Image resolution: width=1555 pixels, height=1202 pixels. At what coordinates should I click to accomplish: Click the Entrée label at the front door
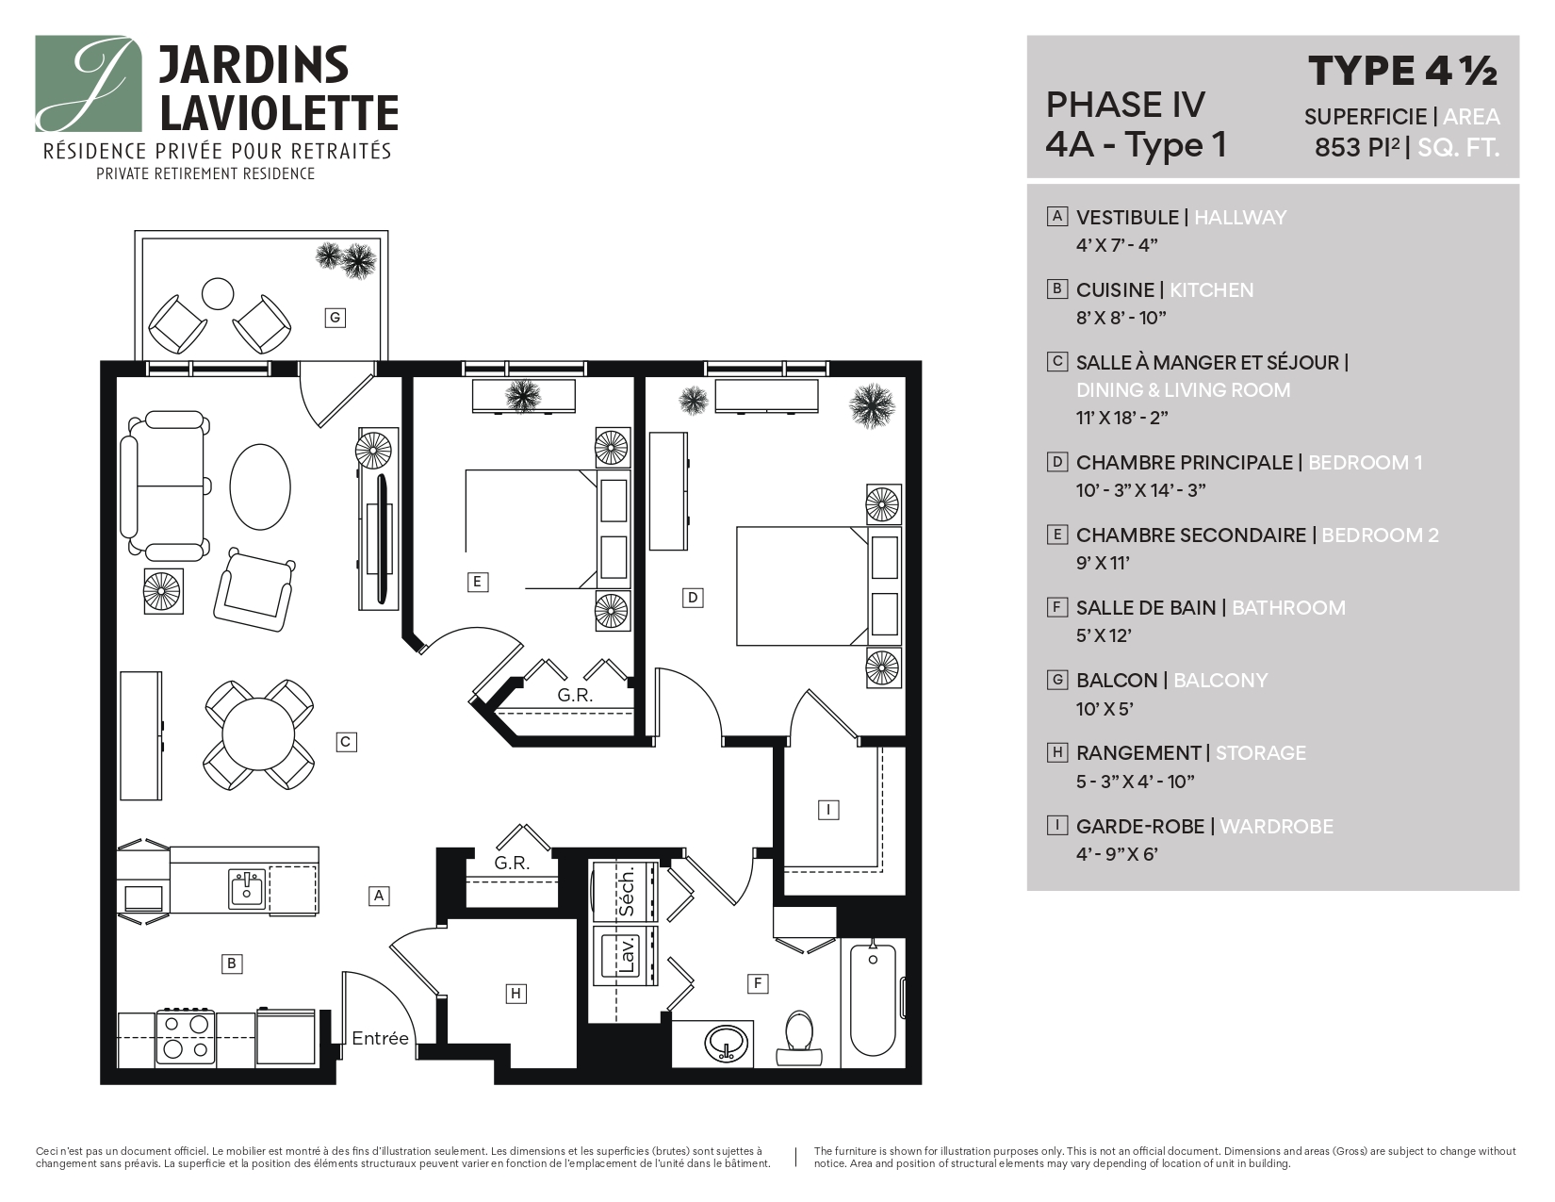(380, 1038)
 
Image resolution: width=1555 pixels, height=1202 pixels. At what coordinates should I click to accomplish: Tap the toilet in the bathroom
(799, 1036)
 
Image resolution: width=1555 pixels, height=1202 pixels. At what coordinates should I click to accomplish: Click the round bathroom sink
(727, 1044)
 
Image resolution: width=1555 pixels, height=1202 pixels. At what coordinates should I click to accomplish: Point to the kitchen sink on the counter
(247, 888)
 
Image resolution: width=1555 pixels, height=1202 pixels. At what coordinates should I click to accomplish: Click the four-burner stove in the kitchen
(186, 1037)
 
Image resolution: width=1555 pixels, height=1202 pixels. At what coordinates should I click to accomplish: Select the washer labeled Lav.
(626, 955)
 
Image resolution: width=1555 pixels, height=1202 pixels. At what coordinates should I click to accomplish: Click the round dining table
(258, 736)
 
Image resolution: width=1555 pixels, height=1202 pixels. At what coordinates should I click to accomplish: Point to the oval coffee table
(260, 487)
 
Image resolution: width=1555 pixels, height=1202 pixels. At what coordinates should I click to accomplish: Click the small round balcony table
(218, 293)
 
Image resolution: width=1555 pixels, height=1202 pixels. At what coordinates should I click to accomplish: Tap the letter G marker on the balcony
(334, 318)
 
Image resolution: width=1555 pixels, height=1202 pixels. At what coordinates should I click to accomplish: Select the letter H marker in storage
(516, 994)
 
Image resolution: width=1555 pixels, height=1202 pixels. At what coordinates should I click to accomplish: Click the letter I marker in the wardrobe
(827, 810)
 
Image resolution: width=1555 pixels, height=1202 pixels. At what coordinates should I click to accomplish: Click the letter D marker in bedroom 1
(693, 597)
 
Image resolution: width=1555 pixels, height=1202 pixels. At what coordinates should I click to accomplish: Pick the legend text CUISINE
(1115, 290)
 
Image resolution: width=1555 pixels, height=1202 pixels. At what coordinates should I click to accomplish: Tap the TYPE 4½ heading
(1401, 71)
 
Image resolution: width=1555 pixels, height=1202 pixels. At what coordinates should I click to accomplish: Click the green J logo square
(89, 84)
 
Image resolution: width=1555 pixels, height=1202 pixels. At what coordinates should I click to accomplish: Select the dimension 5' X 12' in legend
(1104, 635)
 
